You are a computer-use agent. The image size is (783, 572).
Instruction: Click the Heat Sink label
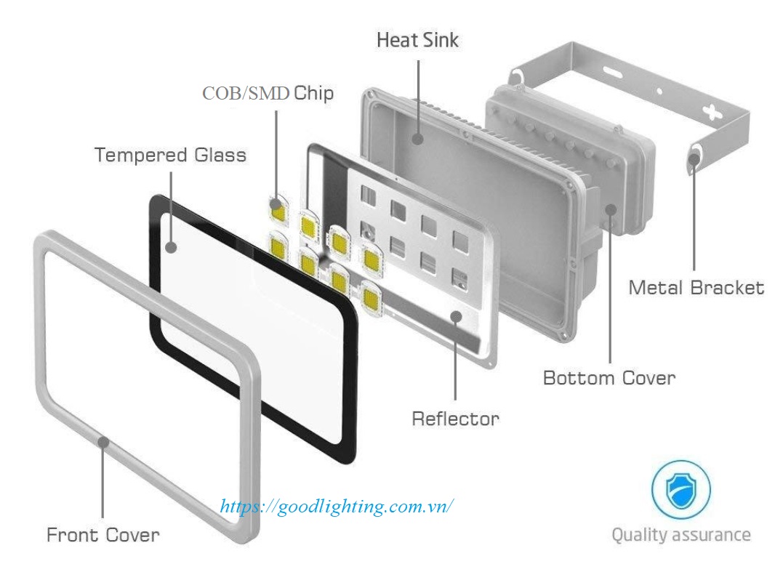[x=417, y=40]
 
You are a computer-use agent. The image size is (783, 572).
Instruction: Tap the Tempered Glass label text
[x=170, y=155]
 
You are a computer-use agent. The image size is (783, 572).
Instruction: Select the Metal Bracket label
[x=696, y=288]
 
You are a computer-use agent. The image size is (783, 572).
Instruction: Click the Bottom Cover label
[x=609, y=378]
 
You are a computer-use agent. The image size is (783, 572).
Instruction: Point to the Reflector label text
[x=455, y=419]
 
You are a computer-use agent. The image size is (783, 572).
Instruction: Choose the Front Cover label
[x=103, y=536]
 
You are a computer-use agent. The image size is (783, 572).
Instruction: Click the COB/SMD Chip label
[x=268, y=94]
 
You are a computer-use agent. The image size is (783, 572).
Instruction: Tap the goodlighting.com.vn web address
[x=337, y=507]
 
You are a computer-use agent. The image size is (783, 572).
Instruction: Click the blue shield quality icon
[x=680, y=488]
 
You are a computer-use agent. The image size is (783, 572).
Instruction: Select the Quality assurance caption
[x=680, y=536]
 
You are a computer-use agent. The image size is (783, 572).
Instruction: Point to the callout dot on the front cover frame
[x=103, y=440]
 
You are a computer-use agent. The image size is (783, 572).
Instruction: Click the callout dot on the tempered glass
[x=171, y=247]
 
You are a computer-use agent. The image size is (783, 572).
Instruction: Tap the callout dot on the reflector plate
[x=456, y=315]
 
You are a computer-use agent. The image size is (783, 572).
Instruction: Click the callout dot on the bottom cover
[x=610, y=209]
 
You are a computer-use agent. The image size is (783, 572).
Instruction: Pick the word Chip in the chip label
[x=313, y=94]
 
